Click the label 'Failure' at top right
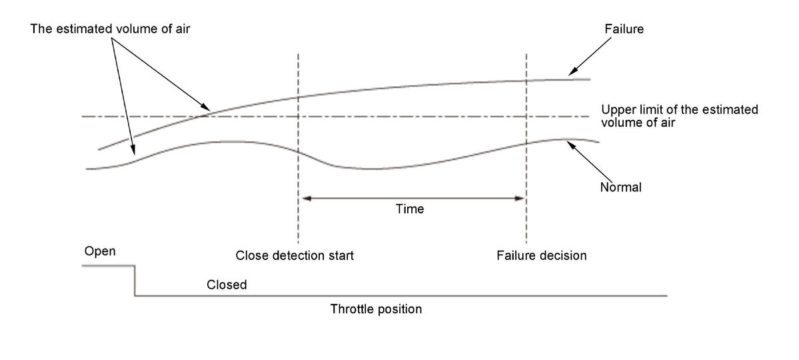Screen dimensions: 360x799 [624, 30]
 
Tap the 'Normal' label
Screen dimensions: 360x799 [620, 187]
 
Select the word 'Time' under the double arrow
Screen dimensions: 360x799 [409, 209]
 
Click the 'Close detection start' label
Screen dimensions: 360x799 [295, 255]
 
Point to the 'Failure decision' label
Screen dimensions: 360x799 [541, 255]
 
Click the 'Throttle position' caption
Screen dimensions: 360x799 [376, 309]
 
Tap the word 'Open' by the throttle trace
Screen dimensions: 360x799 [100, 251]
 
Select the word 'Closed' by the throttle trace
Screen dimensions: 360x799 [227, 285]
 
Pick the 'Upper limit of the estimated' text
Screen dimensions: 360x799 [679, 110]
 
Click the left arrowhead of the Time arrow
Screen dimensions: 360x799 [303, 197]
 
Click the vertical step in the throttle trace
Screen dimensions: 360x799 [135, 280]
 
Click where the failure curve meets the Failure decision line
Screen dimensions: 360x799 [526, 81]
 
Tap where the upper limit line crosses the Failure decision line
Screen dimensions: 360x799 [526, 117]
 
